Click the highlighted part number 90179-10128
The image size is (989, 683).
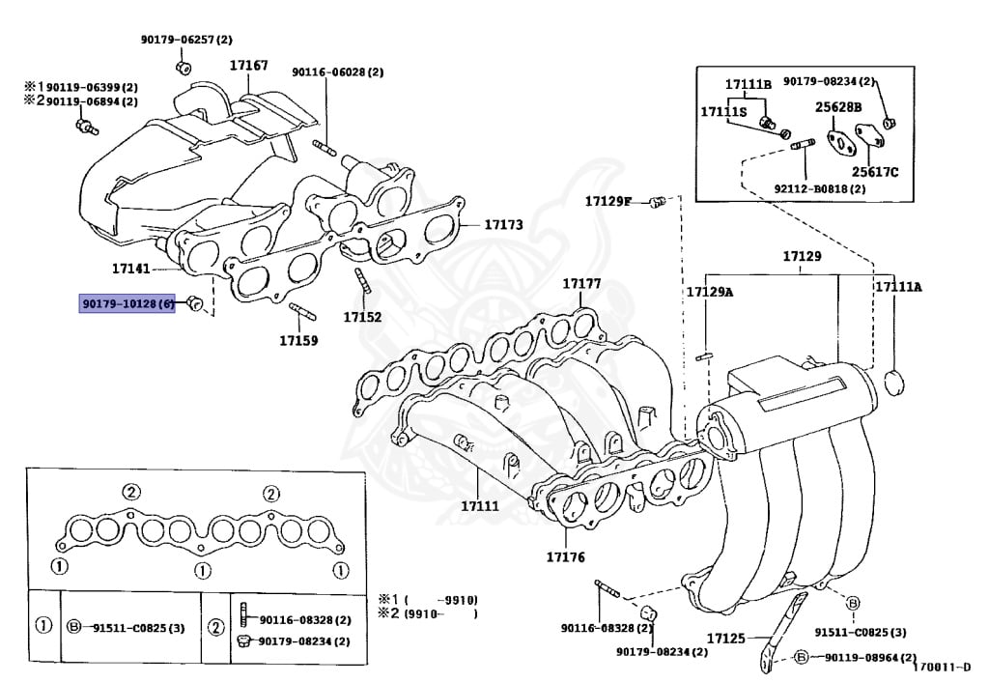127,303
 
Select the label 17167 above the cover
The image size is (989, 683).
248,66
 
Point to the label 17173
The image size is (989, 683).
503,224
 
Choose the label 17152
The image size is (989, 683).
362,316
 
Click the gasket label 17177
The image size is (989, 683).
581,284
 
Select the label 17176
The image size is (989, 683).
565,556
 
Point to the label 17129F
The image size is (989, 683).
608,201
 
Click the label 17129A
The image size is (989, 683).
709,292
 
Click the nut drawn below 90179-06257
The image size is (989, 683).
184,66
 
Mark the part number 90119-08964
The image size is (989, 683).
869,657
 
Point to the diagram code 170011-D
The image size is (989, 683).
947,668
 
